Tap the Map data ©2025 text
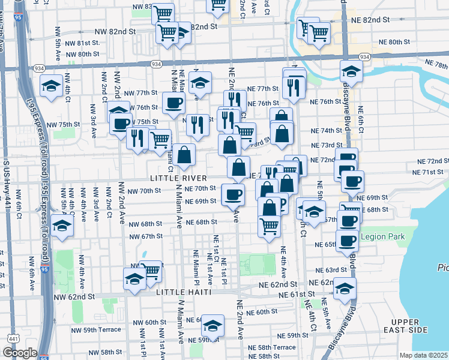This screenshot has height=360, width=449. tap(423, 355)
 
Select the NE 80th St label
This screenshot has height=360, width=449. tap(394, 43)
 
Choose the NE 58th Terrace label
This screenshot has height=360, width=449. tap(276, 347)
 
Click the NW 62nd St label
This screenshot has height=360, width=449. tap(74, 296)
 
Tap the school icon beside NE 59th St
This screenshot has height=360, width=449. tap(212, 325)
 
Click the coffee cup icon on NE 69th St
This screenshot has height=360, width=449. tap(233, 193)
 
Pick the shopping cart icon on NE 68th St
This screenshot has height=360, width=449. tap(270, 226)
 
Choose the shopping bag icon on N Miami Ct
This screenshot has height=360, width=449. tap(185, 154)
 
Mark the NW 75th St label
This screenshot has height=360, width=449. tap(63, 124)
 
